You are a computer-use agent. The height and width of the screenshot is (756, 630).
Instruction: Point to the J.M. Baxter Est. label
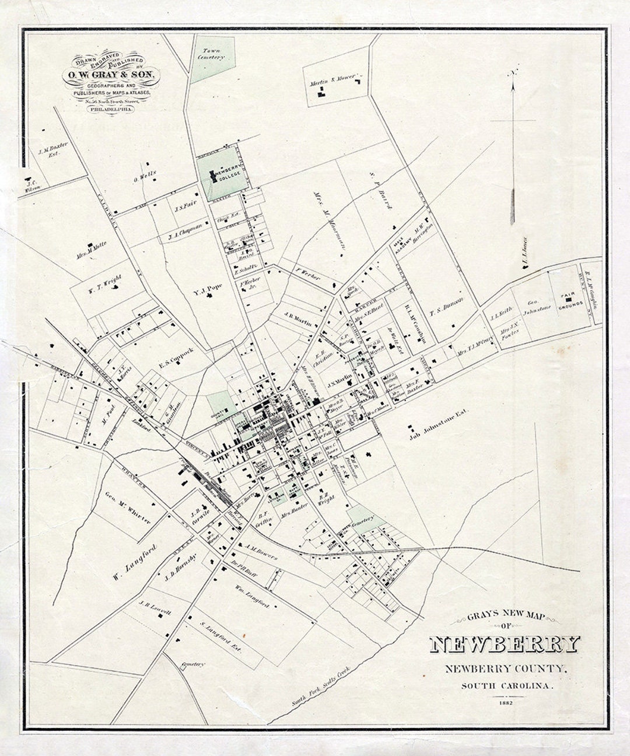[x=52, y=153]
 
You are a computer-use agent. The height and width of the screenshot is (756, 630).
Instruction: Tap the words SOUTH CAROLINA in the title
[x=506, y=685]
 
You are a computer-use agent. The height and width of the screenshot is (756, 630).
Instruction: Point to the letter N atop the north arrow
[x=513, y=73]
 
